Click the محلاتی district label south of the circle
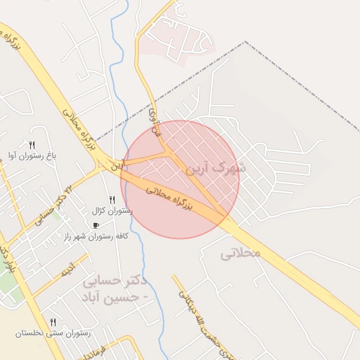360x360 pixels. pos(240,252)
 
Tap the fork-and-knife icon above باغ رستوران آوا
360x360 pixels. pos(32,144)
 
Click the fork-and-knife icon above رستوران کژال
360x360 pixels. pos(112,200)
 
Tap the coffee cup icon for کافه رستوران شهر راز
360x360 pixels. pos(96,226)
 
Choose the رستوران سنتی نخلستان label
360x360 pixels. pos(53,333)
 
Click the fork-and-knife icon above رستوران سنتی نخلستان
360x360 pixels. pos(53,322)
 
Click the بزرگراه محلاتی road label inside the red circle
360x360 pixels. pos(169,196)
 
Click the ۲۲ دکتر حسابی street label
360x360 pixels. pos(53,203)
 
